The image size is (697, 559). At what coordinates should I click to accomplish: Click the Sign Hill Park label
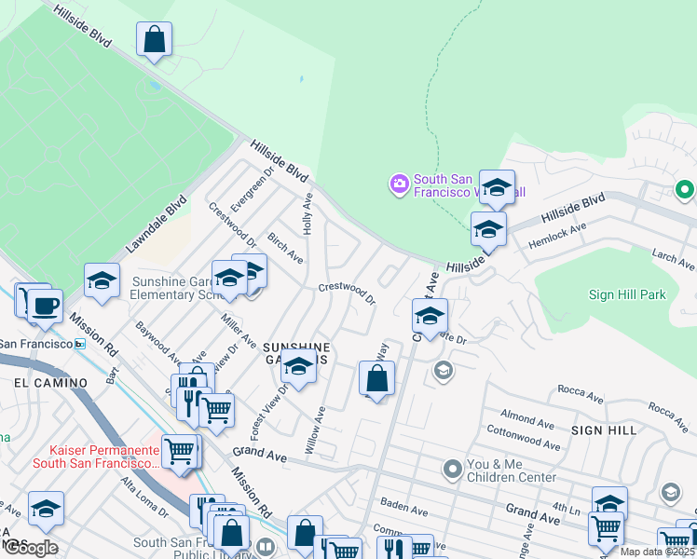(x=627, y=294)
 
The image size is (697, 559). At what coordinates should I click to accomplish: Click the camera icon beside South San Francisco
(x=400, y=183)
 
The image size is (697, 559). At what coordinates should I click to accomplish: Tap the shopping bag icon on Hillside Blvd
(x=154, y=40)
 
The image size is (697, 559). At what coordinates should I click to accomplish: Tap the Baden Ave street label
(x=403, y=507)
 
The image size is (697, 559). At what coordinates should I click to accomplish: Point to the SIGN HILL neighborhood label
(x=603, y=430)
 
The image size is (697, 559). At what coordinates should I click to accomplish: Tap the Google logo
(x=30, y=548)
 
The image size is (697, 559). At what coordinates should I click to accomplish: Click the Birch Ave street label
(x=285, y=248)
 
